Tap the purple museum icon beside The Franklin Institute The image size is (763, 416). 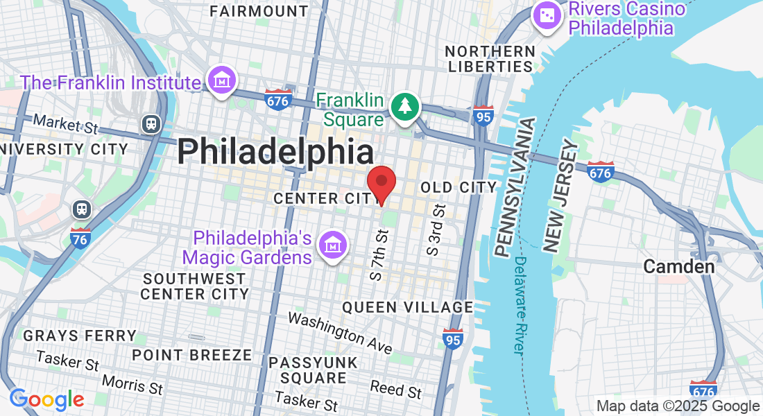[x=223, y=82]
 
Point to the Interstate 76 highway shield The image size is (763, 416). [x=80, y=239]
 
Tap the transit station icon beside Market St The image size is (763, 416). [x=151, y=124]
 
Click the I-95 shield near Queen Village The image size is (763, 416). [x=453, y=340]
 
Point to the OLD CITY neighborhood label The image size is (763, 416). [x=459, y=187]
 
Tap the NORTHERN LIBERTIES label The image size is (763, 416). [x=490, y=59]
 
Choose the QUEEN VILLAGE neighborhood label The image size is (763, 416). [x=408, y=307]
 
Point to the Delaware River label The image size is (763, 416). [x=521, y=306]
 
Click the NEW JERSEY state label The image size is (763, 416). [x=560, y=196]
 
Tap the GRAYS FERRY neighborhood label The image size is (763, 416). [x=80, y=336]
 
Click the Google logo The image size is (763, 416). [x=46, y=399]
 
